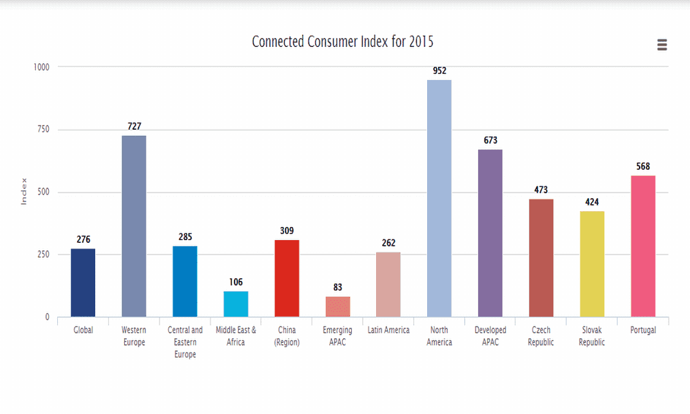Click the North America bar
439,199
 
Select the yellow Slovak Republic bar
592,264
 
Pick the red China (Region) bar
286,279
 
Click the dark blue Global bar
83,283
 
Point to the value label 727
134,126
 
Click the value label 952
439,70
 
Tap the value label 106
235,282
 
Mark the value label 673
490,140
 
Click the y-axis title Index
23,191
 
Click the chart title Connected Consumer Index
343,41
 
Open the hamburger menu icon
662,45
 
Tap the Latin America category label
388,331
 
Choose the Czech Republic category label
541,336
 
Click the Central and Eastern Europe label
185,342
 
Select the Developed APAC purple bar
490,233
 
